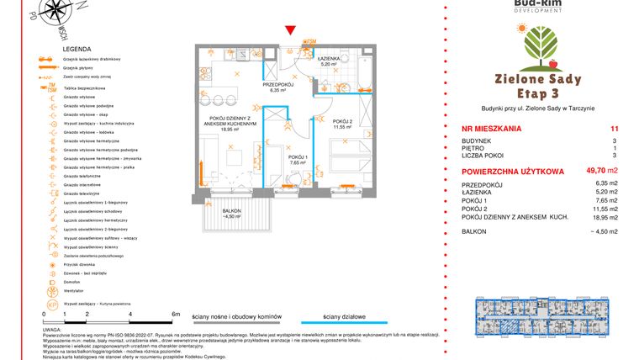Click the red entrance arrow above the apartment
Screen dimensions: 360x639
[x=290, y=31]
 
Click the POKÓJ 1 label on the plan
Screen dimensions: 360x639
[x=298, y=158]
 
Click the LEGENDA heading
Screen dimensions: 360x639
[x=53, y=50]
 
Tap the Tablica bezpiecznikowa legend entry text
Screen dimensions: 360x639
[x=87, y=87]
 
